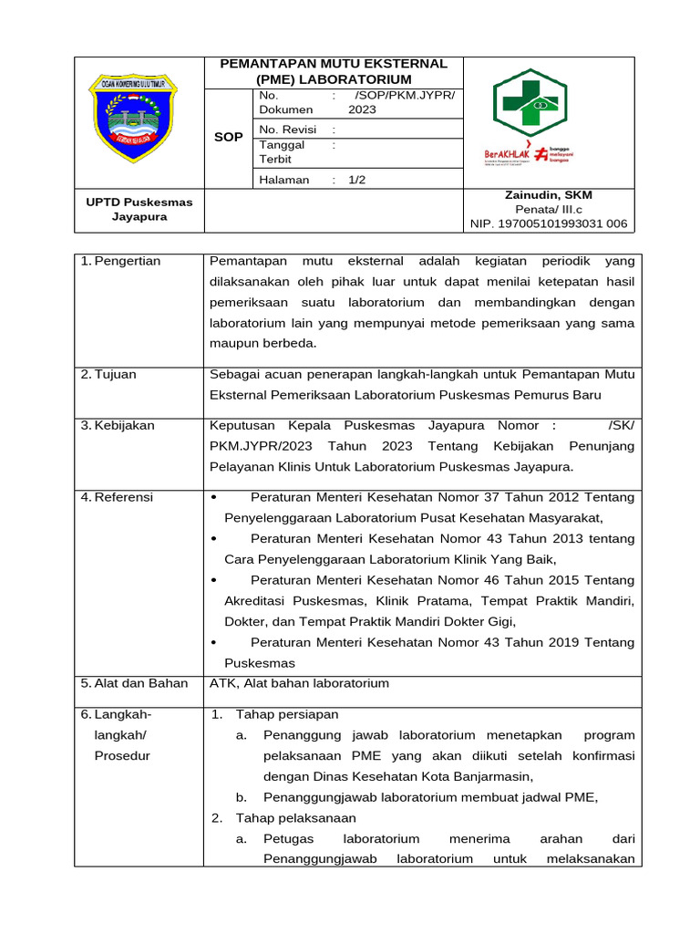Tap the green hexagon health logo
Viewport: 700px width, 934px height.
coord(529,103)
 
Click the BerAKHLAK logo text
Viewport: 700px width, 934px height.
coord(507,154)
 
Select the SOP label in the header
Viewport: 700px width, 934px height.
coord(228,137)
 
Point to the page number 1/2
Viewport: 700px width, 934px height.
coord(356,180)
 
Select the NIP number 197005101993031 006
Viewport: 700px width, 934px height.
coord(548,223)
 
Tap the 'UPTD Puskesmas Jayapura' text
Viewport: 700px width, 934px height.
coord(139,209)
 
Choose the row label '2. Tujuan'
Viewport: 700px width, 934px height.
coord(108,374)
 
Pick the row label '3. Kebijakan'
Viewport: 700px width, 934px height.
coord(118,425)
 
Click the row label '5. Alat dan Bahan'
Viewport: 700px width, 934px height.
coord(134,683)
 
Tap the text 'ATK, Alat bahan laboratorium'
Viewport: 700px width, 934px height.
coord(299,683)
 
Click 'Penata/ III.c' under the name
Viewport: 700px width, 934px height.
coord(548,209)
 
